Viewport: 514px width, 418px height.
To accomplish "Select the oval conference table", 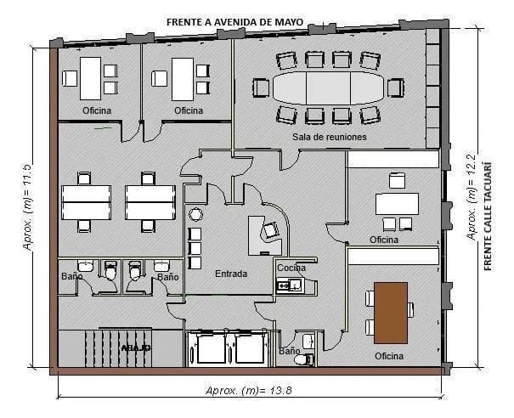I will pos(328,87).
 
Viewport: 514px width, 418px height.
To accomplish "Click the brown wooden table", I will pos(390,312).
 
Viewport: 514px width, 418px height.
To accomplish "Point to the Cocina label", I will pos(291,268).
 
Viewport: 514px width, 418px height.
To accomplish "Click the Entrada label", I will pos(231,274).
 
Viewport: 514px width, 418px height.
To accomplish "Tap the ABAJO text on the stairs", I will pos(135,348).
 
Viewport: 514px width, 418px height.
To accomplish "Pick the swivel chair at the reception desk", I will pos(271,230).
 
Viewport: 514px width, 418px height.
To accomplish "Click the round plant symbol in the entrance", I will pos(195,213).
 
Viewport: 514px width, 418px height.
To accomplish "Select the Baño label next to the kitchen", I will pos(290,350).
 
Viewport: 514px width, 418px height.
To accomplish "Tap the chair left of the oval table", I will pos(262,88).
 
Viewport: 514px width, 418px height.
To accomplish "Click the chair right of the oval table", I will pos(395,88).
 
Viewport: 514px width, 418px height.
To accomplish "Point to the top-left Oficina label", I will pos(97,110).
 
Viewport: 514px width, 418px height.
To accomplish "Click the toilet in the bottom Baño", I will pos(301,359).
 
